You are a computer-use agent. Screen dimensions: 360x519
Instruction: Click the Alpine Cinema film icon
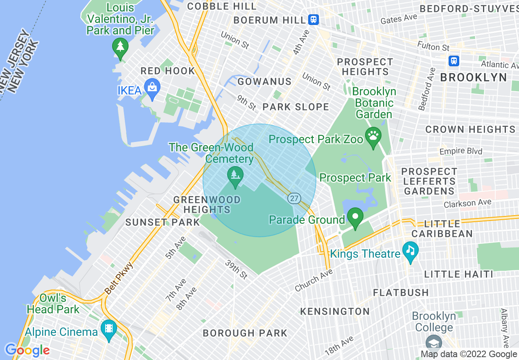pyautogui.click(x=109, y=329)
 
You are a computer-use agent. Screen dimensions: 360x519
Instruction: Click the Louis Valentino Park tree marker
pyautogui.click(x=120, y=47)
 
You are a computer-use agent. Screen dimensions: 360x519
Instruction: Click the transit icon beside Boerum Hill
pyautogui.click(x=314, y=19)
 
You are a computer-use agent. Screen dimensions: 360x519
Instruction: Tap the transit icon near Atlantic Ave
pyautogui.click(x=454, y=61)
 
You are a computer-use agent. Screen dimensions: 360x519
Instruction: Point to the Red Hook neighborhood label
pyautogui.click(x=168, y=71)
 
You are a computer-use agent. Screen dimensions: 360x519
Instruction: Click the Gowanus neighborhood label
pyautogui.click(x=264, y=81)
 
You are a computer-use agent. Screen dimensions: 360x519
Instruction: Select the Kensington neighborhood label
pyautogui.click(x=335, y=311)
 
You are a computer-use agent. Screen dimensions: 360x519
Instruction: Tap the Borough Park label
pyautogui.click(x=245, y=333)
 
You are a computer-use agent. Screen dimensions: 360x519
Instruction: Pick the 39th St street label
pyautogui.click(x=236, y=269)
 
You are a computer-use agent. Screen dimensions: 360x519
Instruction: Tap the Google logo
pyautogui.click(x=27, y=350)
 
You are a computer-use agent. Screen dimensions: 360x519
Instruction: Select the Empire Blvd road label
pyautogui.click(x=461, y=151)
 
